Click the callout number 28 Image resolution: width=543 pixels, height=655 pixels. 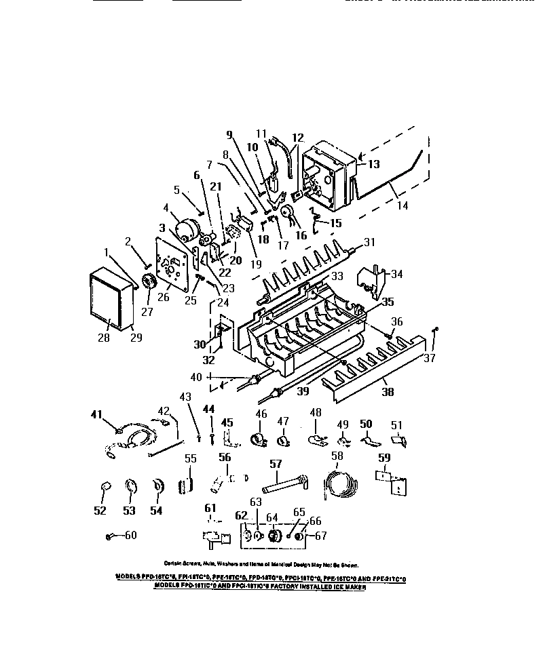pyautogui.click(x=104, y=338)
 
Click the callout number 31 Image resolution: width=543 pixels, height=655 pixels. pyautogui.click(x=369, y=242)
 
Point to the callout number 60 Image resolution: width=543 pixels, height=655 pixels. pyautogui.click(x=130, y=535)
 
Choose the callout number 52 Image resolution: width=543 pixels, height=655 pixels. pyautogui.click(x=100, y=510)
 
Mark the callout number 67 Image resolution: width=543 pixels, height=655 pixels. pyautogui.click(x=320, y=535)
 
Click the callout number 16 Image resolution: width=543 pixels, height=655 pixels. pyautogui.click(x=300, y=235)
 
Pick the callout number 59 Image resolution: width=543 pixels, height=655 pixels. pyautogui.click(x=385, y=457)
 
